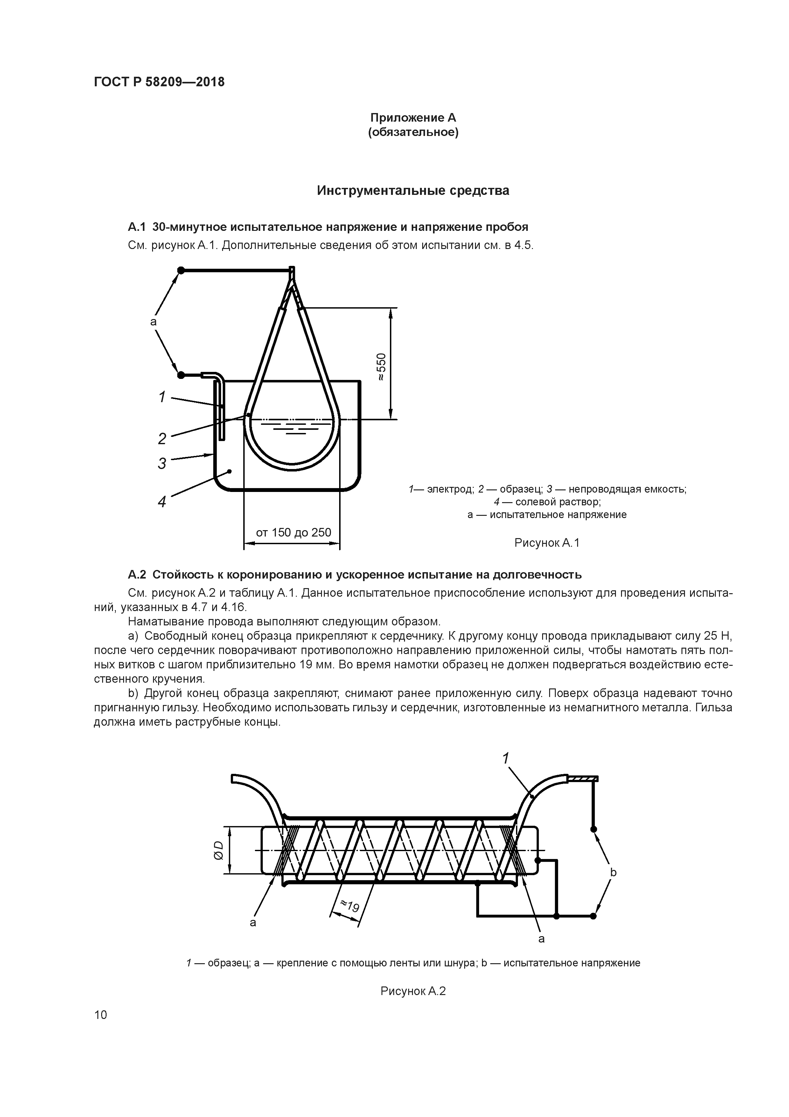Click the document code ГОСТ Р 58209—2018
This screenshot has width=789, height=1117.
(x=159, y=82)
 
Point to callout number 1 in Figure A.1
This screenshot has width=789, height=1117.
(x=162, y=397)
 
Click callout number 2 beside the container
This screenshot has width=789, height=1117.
(x=162, y=439)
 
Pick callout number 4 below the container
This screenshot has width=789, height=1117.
(x=162, y=501)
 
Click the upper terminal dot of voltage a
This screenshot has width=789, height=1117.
(x=180, y=270)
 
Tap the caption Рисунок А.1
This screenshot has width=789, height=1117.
(x=547, y=543)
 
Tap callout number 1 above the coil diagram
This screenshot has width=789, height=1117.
(x=506, y=758)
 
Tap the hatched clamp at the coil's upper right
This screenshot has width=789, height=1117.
(x=583, y=779)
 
